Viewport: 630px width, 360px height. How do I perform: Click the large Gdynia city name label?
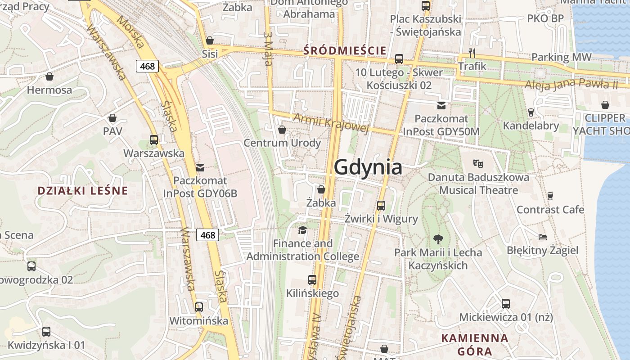pyautogui.click(x=368, y=167)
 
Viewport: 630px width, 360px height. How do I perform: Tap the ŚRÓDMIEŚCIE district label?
pyautogui.click(x=345, y=50)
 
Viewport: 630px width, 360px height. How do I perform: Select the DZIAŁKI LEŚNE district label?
pyautogui.click(x=83, y=190)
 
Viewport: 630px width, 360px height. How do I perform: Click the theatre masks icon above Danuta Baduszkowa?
pyautogui.click(x=478, y=164)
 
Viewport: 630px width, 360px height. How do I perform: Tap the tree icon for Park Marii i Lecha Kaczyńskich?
pyautogui.click(x=438, y=239)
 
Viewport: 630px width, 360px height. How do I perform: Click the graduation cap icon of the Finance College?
pyautogui.click(x=302, y=230)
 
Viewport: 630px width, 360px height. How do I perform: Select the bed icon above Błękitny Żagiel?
pyautogui.click(x=543, y=237)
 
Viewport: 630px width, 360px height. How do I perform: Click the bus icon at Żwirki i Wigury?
pyautogui.click(x=381, y=206)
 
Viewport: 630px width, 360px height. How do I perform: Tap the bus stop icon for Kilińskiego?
pyautogui.click(x=312, y=280)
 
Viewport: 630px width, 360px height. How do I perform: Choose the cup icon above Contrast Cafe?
pyautogui.click(x=550, y=196)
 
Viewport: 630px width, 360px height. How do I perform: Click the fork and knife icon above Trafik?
pyautogui.click(x=472, y=53)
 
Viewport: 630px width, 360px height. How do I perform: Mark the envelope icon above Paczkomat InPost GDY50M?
pyautogui.click(x=441, y=106)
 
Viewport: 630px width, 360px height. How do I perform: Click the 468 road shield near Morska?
pyautogui.click(x=147, y=67)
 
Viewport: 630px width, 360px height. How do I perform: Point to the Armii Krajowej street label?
pyautogui.click(x=331, y=123)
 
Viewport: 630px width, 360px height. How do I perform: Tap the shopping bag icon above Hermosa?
pyautogui.click(x=49, y=76)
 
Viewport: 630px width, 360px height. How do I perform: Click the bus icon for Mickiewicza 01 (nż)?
pyautogui.click(x=505, y=304)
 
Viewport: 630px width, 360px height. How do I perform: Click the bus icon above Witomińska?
pyautogui.click(x=199, y=307)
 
